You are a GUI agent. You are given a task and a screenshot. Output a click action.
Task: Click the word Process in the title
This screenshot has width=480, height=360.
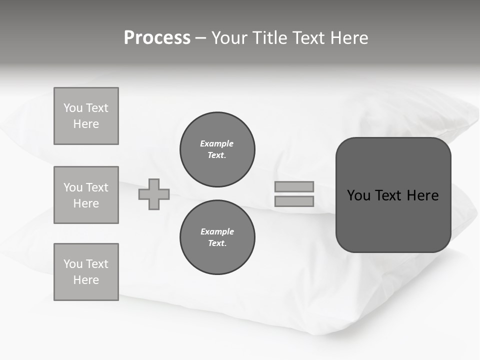pos(157,38)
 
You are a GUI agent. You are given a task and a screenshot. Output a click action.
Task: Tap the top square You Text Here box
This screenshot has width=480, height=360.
pos(86,116)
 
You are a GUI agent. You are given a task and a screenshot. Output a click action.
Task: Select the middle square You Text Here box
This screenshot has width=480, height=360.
pos(86,195)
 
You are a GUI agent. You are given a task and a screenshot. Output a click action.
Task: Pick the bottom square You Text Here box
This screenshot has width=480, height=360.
pos(86,272)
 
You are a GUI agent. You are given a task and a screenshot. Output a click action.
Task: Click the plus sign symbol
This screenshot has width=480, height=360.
pos(154,194)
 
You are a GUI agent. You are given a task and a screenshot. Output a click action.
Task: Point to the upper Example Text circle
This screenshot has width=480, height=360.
pos(217,149)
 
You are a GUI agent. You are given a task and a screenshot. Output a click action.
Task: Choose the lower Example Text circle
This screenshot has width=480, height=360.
pos(217,237)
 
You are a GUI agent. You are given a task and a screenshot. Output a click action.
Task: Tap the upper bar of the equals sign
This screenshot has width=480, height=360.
pos(294,186)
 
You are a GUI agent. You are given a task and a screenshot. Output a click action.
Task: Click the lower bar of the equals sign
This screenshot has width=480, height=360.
pos(294,201)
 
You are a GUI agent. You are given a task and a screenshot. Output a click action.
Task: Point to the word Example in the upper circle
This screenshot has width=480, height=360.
pos(216,143)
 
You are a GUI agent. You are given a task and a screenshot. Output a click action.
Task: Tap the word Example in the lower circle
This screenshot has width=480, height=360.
pos(217,231)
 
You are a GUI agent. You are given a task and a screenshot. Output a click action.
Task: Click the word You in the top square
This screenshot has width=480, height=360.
pos(73,108)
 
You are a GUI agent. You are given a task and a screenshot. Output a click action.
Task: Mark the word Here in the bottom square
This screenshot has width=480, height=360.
pos(86,280)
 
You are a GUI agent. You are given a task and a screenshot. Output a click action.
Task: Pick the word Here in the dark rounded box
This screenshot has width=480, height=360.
pos(422,195)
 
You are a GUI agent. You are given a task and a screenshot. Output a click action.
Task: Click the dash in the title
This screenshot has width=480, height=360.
pos(201,38)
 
